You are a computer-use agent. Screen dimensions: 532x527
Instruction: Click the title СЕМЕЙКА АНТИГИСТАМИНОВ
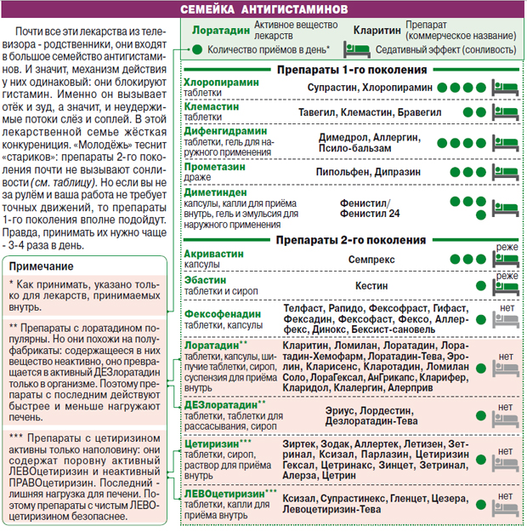click(263, 9)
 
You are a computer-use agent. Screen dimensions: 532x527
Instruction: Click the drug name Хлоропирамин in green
click(220, 83)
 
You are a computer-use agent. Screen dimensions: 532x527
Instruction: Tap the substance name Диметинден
click(216, 192)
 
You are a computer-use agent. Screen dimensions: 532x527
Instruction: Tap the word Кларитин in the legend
click(377, 30)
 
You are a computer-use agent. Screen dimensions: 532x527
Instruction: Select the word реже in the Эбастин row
click(507, 276)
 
